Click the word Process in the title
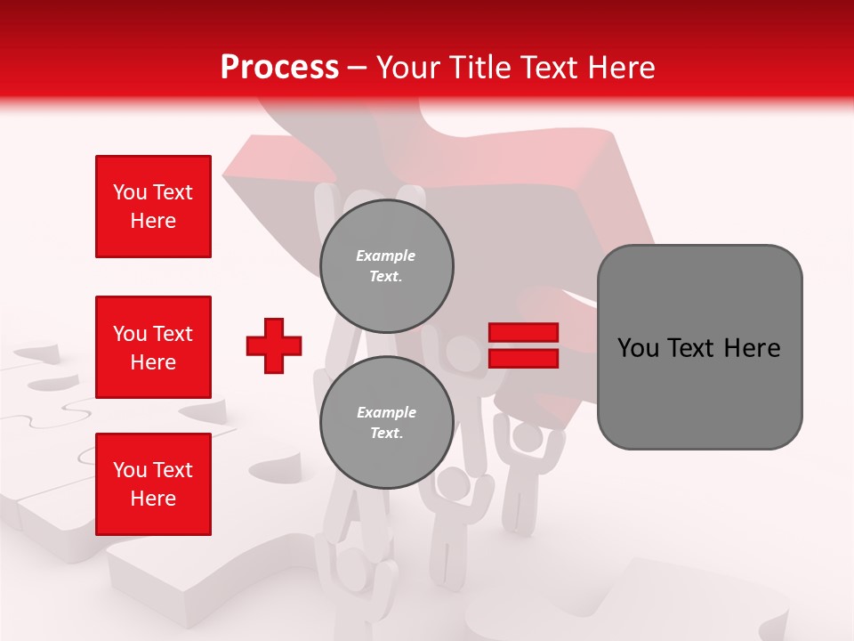pos(279,68)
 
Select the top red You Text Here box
pos(153,207)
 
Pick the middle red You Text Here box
pos(153,347)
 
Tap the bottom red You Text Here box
pos(153,484)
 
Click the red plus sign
pos(274,345)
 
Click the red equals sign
pos(523,345)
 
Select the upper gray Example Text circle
pos(386,265)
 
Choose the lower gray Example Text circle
pos(386,422)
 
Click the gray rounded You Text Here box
pos(699,347)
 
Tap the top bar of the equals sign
pos(523,333)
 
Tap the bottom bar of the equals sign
pos(523,358)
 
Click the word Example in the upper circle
pos(386,256)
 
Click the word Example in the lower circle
pos(386,412)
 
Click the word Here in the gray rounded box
pos(752,347)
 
